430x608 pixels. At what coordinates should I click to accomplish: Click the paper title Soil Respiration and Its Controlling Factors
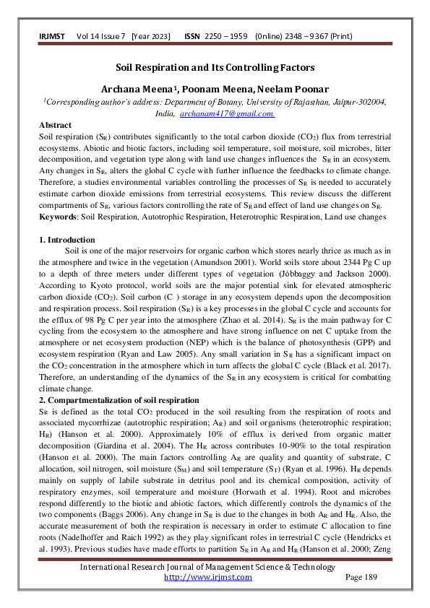[x=215, y=67]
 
